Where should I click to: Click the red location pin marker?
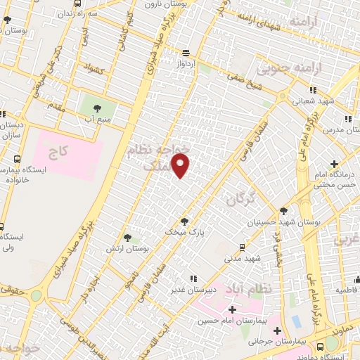[x=181, y=166]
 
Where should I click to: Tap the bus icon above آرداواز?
[x=186, y=53]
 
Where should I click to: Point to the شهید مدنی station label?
[x=242, y=258]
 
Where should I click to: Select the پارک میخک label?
[x=184, y=231]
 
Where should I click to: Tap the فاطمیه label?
[x=346, y=290]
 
